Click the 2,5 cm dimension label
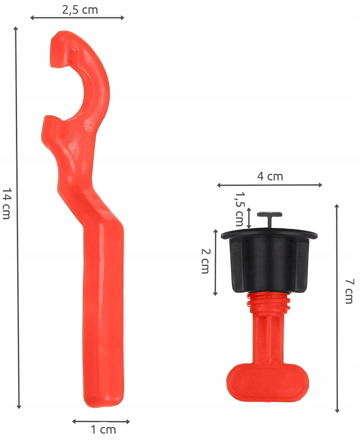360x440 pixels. click(80, 10)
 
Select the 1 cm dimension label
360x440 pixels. click(103, 430)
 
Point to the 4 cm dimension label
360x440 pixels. click(270, 177)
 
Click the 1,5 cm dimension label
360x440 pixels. click(239, 209)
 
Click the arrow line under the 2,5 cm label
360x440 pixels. click(77, 18)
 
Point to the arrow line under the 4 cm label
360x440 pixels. click(269, 185)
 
